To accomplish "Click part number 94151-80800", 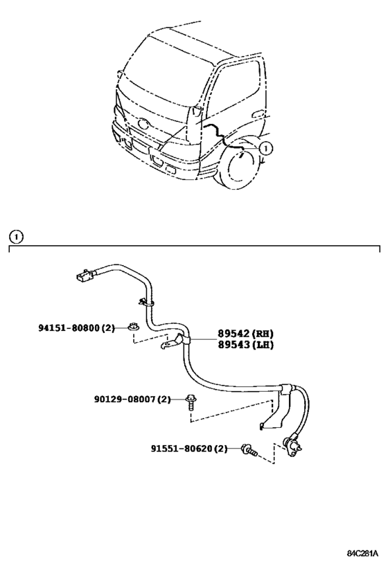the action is click(69, 328).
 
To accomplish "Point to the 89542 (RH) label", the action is click(245, 334).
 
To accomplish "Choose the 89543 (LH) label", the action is click(245, 345).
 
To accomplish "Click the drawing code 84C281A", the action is click(362, 554).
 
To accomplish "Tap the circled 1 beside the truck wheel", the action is click(265, 147).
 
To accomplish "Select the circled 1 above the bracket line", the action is click(17, 237).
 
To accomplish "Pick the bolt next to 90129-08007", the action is click(191, 402).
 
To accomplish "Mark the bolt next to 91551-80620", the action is click(249, 450).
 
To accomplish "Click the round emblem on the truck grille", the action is click(143, 124).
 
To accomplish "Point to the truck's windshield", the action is click(166, 71).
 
